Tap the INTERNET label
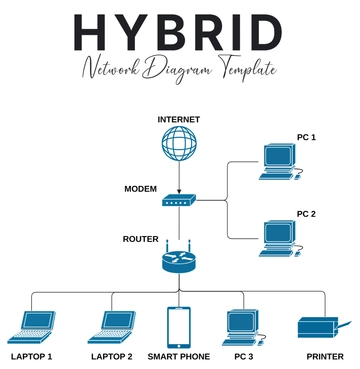pos(179,120)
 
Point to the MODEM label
pos(140,189)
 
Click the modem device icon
pos(179,201)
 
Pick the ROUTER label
pos(140,239)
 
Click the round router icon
pos(179,263)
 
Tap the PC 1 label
pos(306,136)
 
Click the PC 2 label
pos(306,213)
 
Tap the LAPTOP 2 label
pos(112,356)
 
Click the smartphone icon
pos(179,325)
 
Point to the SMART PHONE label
pos(179,356)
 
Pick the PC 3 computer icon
pos(245,326)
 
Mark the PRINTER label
pos(322,356)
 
